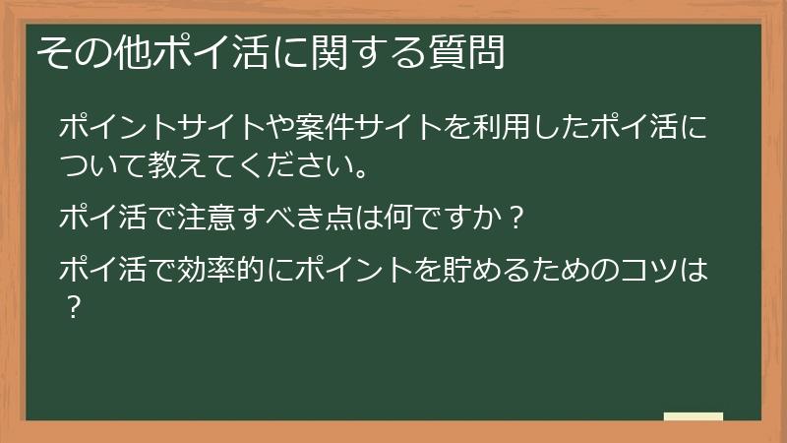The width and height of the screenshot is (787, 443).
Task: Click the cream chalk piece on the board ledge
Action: (694, 416)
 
